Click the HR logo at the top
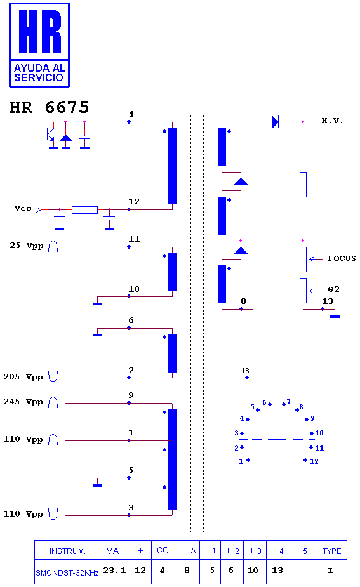coord(39,45)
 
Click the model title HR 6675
coord(50,107)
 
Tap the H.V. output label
coord(332,121)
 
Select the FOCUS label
coord(342,258)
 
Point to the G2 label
coord(333,289)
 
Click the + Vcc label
coord(18,208)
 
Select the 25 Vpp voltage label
coord(27,246)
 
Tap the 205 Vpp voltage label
coord(23,377)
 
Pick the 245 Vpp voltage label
coord(23,402)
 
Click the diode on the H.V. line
coord(276,122)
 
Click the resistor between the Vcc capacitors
coord(84,209)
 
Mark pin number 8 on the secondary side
coord(244,301)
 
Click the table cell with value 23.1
coord(115,571)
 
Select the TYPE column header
coord(332,551)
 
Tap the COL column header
coord(165,551)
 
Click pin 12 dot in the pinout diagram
coord(305,460)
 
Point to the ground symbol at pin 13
coord(335,317)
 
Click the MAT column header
coord(115,551)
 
